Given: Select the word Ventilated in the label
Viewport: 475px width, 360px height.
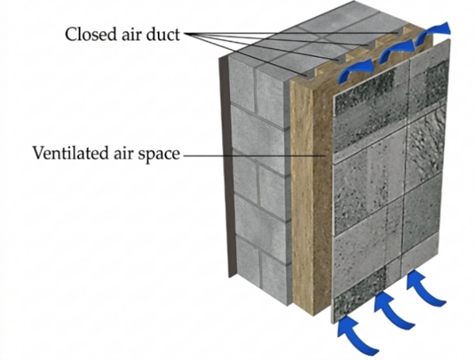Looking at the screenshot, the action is coord(71,153).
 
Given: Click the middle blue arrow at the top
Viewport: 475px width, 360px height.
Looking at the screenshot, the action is coord(396,50).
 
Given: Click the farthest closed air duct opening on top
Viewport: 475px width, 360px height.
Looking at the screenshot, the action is coord(399,31).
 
